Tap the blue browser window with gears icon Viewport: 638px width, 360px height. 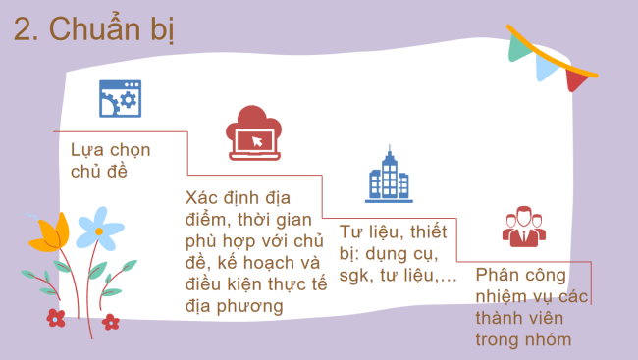[x=120, y=99]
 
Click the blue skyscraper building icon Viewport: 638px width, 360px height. [x=388, y=176]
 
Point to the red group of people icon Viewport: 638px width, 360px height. [x=523, y=227]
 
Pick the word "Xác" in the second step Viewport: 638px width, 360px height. [x=202, y=196]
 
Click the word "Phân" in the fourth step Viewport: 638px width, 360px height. [x=497, y=276]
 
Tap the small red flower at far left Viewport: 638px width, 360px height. [x=56, y=316]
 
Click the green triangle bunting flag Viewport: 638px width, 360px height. [x=521, y=42]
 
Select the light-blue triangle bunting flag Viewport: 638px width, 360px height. [x=548, y=64]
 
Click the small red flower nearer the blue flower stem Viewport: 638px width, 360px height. [x=110, y=321]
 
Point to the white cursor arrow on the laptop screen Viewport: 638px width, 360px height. [x=257, y=142]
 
